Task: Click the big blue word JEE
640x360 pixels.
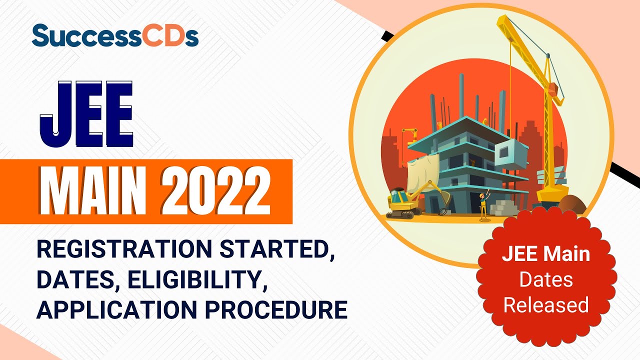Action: pyautogui.click(x=86, y=114)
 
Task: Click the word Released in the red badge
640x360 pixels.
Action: pyautogui.click(x=546, y=304)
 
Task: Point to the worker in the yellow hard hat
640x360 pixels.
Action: pyautogui.click(x=483, y=205)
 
